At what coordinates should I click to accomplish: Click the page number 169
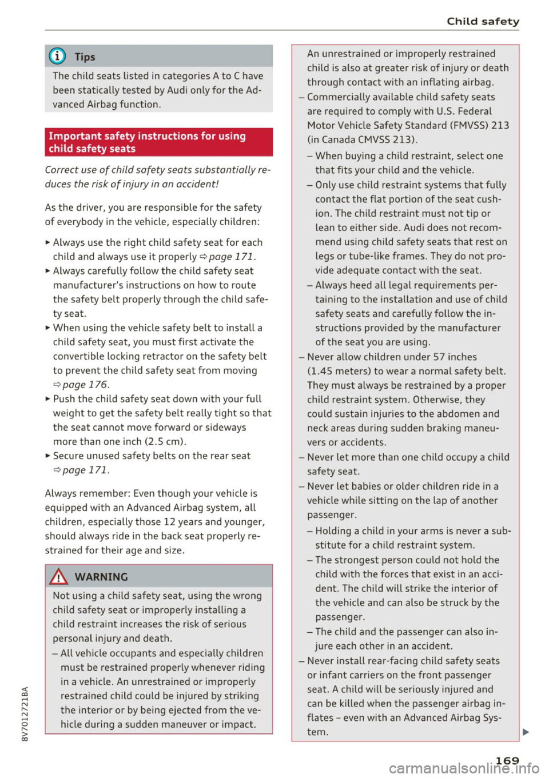[x=507, y=760]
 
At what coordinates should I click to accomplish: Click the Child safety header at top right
[x=483, y=21]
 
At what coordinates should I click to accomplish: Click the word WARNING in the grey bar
[x=101, y=577]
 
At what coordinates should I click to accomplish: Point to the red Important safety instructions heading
[x=158, y=142]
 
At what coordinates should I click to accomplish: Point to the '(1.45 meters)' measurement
[x=339, y=371]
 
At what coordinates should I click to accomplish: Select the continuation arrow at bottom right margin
[x=525, y=732]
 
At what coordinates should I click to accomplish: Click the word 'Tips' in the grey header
[x=85, y=57]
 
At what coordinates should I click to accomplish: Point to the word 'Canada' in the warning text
[x=340, y=140]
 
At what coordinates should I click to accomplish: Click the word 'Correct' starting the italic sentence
[x=63, y=170]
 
